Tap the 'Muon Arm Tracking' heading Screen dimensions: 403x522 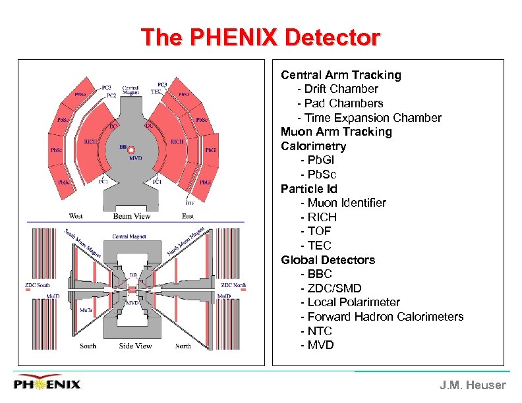336,132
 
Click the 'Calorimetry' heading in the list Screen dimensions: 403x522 313,146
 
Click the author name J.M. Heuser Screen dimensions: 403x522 473,385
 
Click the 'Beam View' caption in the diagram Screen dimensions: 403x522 132,216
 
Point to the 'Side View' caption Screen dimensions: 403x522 135,346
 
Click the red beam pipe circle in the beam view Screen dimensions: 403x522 131,150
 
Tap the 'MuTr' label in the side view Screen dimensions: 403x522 86,309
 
